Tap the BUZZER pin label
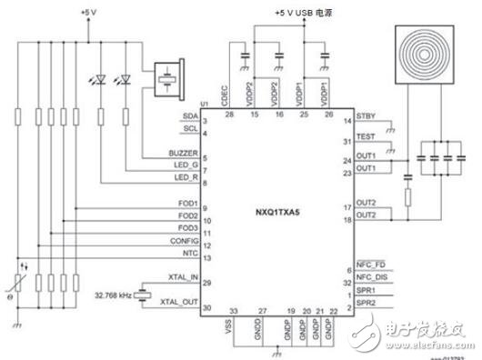(x=185, y=152)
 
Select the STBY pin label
(x=366, y=115)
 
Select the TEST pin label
(x=366, y=136)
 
